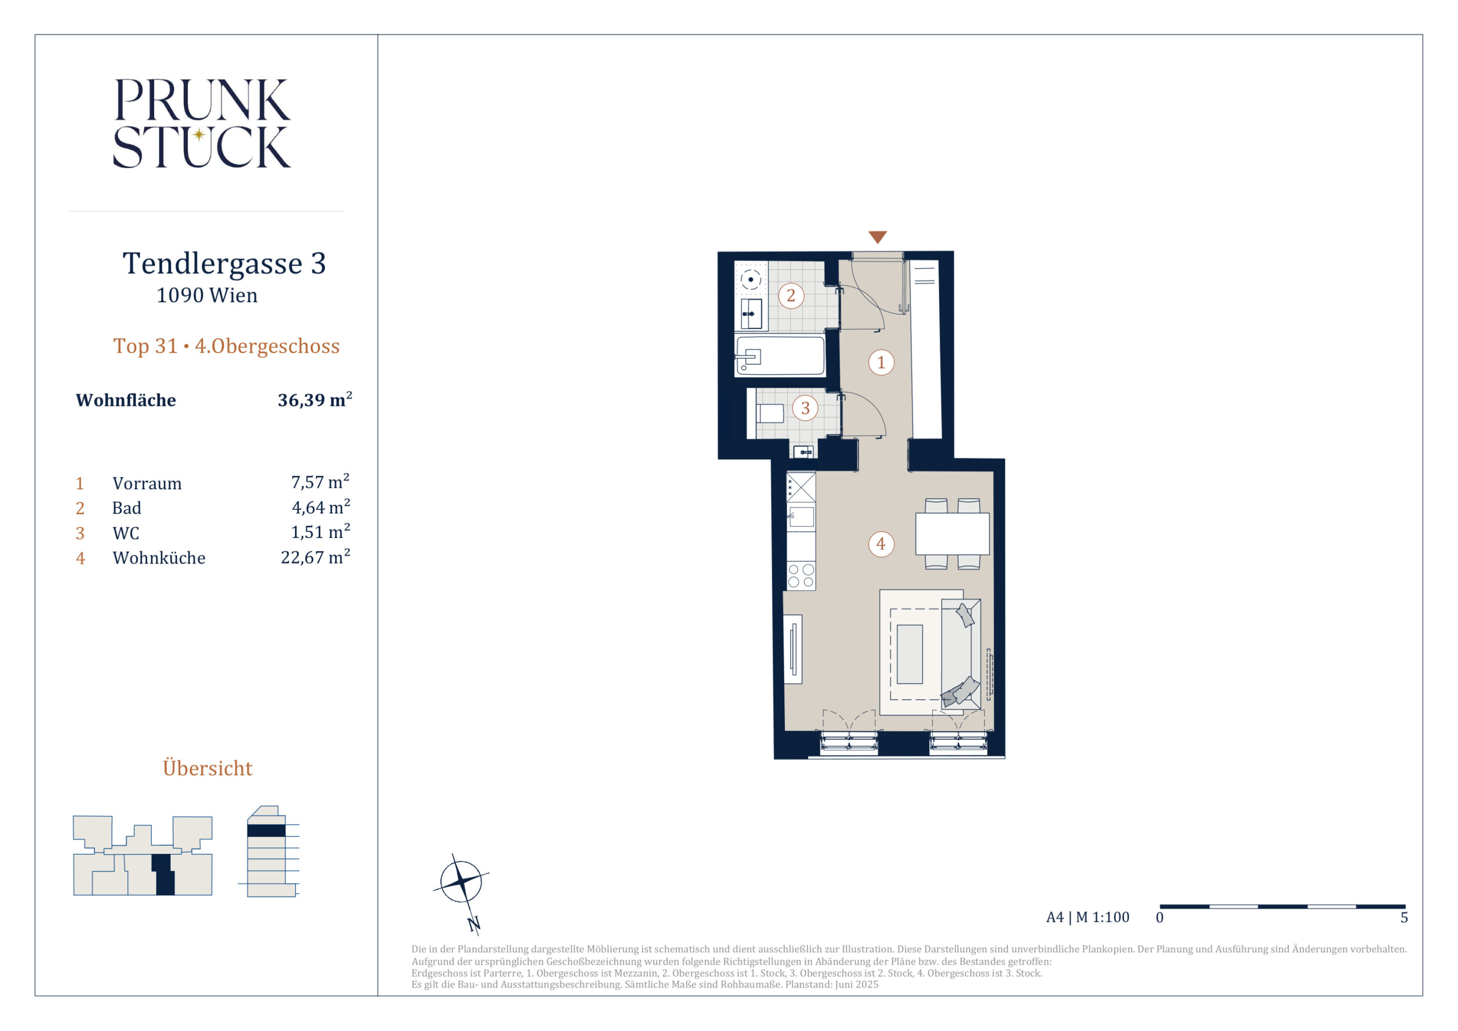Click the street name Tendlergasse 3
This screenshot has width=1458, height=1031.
tap(224, 263)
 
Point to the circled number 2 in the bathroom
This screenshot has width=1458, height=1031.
tap(791, 295)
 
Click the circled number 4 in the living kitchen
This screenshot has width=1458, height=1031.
tap(881, 544)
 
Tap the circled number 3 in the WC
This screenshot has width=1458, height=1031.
tap(805, 408)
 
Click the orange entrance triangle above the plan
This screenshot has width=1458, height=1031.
tap(877, 236)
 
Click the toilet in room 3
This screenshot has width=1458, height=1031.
tap(769, 413)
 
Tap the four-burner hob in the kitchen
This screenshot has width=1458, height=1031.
tap(801, 576)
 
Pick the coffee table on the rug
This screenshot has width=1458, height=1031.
tap(910, 654)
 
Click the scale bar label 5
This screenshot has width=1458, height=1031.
tap(1404, 917)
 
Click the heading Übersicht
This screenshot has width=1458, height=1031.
tap(208, 768)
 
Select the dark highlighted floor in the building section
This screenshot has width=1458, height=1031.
tap(266, 830)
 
